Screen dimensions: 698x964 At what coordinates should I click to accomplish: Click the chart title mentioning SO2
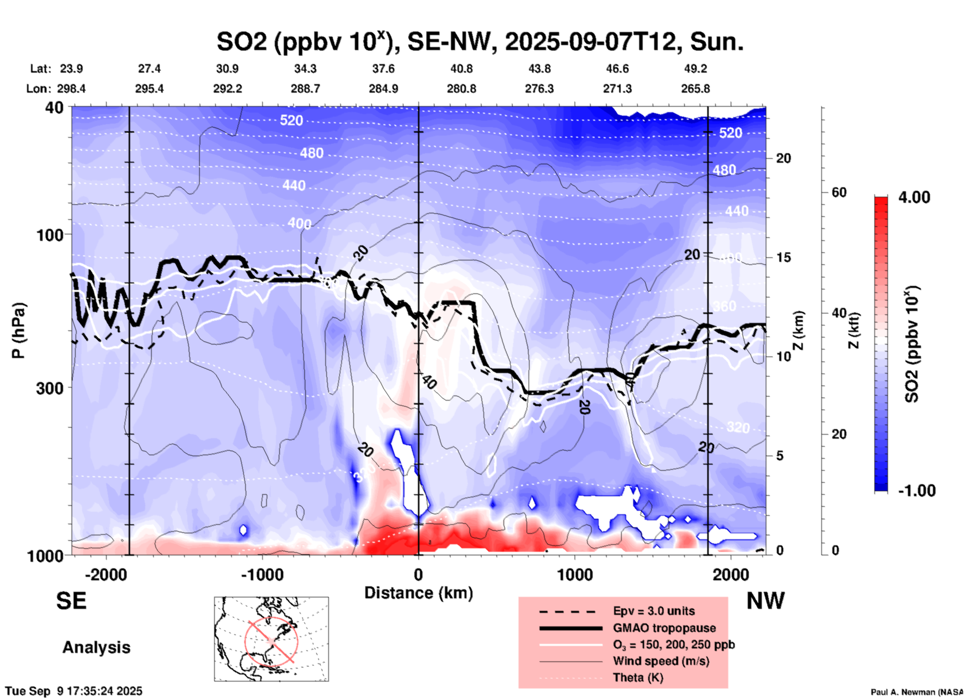click(479, 42)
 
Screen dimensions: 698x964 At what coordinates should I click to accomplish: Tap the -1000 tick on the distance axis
click(262, 574)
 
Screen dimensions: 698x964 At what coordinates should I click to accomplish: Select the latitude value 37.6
click(383, 69)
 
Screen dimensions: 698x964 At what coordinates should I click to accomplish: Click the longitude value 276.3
click(539, 89)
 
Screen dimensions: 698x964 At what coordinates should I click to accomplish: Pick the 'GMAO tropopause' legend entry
click(664, 628)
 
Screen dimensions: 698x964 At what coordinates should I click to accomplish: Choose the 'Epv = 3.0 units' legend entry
click(654, 611)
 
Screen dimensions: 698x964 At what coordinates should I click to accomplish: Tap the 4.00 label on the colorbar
click(914, 197)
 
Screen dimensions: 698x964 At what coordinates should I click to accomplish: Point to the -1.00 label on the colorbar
click(916, 490)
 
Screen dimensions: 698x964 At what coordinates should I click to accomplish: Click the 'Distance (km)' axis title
click(418, 593)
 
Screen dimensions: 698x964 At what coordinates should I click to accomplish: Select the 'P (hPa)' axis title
click(18, 330)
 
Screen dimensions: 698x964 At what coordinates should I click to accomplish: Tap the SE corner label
click(71, 601)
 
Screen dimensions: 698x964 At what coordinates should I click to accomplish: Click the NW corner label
click(765, 601)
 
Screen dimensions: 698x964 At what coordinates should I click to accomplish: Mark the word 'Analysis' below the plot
click(96, 647)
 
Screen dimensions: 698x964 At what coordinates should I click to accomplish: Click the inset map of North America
click(271, 639)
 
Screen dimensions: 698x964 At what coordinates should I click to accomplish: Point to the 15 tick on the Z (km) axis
click(783, 257)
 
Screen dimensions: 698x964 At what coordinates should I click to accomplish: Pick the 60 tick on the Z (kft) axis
click(839, 192)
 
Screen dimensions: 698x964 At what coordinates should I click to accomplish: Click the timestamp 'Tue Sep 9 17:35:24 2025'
click(74, 691)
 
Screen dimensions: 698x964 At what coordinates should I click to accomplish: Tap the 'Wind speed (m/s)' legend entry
click(661, 661)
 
